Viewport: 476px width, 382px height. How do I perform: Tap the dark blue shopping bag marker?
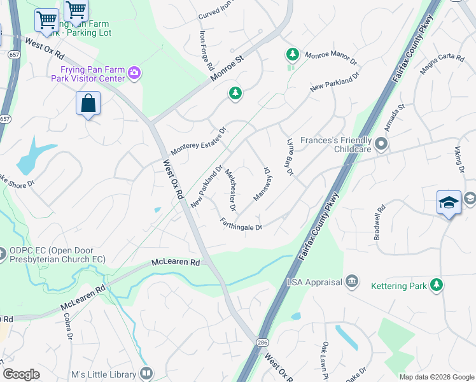point(88,103)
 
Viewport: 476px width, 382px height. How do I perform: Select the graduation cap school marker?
point(449,202)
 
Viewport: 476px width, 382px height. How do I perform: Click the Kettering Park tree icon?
point(437,285)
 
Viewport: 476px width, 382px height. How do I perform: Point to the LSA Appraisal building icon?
point(351,282)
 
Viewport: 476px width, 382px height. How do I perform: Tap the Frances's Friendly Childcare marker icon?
point(381,144)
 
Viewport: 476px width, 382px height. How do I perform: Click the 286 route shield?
point(262,341)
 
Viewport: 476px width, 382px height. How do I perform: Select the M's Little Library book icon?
point(146,374)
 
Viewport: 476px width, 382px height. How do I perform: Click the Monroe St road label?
point(227,69)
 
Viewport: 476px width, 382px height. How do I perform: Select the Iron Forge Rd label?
point(206,50)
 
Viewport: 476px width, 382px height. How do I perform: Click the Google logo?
point(20,374)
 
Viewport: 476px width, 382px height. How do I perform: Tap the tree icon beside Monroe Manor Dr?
point(292,55)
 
